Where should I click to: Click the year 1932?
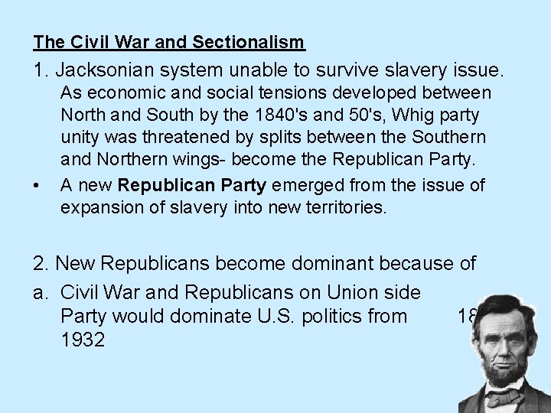pos(82,339)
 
